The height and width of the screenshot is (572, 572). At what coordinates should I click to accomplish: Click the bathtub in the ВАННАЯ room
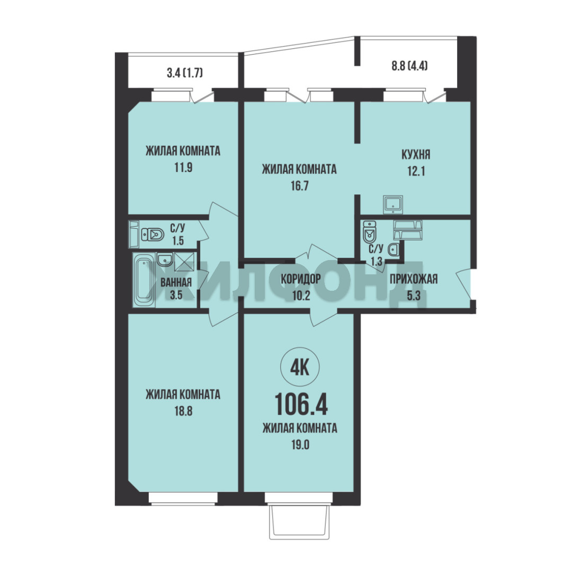(x=144, y=280)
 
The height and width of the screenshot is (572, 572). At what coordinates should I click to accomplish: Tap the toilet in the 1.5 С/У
(x=153, y=234)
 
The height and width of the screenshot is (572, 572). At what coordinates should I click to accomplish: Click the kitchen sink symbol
(x=393, y=204)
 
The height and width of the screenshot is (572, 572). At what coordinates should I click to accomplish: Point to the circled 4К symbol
(x=300, y=368)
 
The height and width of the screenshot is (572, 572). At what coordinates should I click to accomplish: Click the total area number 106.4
(x=301, y=404)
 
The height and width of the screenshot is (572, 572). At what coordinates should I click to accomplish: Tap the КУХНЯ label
(x=416, y=154)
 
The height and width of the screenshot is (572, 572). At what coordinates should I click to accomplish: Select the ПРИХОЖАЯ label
(x=413, y=280)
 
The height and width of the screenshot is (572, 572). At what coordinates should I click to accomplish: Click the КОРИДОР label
(x=301, y=279)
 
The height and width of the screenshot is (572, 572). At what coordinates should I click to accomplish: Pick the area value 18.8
(x=183, y=411)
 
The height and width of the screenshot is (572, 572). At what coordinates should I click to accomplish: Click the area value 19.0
(x=300, y=445)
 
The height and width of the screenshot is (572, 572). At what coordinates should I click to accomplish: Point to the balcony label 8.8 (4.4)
(x=409, y=66)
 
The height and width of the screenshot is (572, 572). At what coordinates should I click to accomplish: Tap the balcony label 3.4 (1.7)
(x=185, y=73)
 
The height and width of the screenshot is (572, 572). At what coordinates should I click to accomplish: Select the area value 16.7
(x=299, y=186)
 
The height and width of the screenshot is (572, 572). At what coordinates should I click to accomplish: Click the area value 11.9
(x=183, y=167)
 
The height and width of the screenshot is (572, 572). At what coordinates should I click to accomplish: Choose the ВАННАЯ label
(x=176, y=282)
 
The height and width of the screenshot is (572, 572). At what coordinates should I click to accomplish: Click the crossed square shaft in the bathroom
(x=185, y=262)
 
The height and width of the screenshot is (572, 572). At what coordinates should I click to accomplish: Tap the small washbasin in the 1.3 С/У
(x=393, y=250)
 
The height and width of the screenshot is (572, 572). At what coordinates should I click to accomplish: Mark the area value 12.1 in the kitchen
(x=416, y=171)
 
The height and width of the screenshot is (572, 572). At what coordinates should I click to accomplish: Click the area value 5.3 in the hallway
(x=414, y=296)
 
